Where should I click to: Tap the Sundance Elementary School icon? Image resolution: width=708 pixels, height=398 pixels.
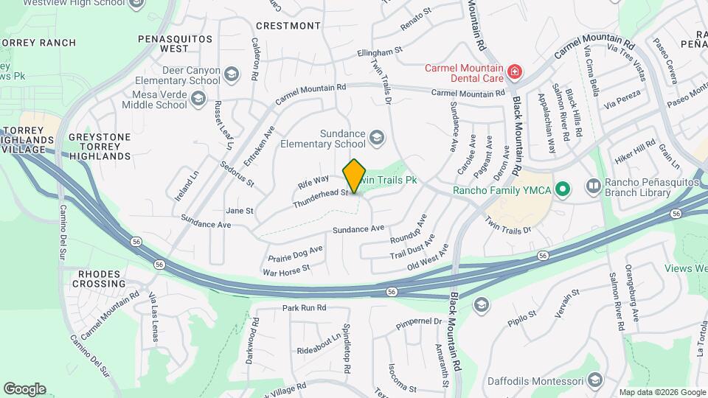[378, 138]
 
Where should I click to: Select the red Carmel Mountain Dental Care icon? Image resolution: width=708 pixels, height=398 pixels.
[514, 73]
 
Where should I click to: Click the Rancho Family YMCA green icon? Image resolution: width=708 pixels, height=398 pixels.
[563, 190]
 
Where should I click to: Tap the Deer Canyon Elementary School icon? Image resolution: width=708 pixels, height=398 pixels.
[232, 74]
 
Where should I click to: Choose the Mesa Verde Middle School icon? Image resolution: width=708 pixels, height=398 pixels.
[198, 99]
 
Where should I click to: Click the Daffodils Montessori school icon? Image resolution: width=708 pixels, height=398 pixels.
[594, 381]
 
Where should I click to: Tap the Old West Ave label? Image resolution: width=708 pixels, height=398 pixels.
[428, 259]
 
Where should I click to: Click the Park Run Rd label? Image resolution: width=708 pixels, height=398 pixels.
[304, 307]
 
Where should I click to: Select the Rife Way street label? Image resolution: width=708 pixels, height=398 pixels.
[313, 180]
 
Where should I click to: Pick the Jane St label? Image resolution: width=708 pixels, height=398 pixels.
[240, 211]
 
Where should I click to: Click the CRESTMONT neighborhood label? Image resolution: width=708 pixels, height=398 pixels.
[279, 25]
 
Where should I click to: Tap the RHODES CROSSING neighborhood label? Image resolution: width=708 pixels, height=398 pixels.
[99, 279]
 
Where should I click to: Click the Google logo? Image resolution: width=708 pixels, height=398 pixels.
[24, 388]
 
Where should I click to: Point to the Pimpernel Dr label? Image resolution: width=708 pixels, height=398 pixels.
[418, 321]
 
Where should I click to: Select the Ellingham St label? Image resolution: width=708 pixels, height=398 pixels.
[381, 53]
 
